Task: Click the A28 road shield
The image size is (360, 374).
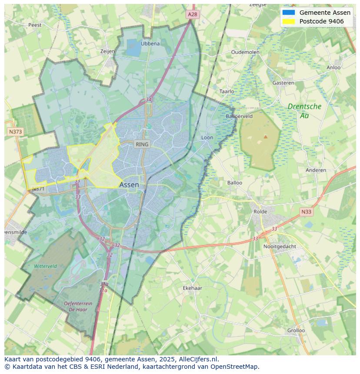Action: (x=193, y=14)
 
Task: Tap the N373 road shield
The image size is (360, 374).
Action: (x=15, y=131)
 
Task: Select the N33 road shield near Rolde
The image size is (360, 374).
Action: (x=306, y=212)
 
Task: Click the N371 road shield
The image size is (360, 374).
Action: (x=38, y=189)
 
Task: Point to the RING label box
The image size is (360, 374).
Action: (x=142, y=144)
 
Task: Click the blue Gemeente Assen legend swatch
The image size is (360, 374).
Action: (x=288, y=12)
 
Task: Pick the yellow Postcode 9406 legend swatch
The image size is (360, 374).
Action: (x=288, y=21)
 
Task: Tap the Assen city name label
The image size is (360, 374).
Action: (x=129, y=185)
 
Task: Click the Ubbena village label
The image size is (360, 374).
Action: (x=150, y=43)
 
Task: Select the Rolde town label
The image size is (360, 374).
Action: (x=261, y=212)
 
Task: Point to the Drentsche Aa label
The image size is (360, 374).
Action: (x=304, y=110)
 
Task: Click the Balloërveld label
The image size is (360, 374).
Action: (x=239, y=116)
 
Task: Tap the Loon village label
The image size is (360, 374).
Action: (x=207, y=138)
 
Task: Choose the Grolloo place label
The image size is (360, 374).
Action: (x=296, y=330)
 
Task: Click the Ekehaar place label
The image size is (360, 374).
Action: (x=192, y=288)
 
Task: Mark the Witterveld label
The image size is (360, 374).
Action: (x=45, y=266)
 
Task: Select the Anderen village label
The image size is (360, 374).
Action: (x=316, y=170)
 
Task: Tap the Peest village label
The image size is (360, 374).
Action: (x=35, y=25)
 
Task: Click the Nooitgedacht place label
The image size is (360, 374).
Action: (x=280, y=246)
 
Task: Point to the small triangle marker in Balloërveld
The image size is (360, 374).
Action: (x=265, y=136)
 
